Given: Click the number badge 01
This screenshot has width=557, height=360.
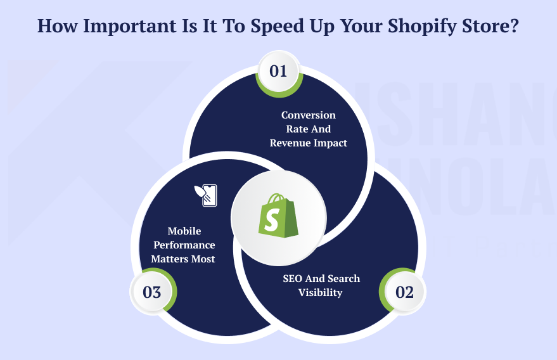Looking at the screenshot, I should point(278,71).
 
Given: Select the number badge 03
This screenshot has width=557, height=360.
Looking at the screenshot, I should point(152,293).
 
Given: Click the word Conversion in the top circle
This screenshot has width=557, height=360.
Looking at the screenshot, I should point(309,115).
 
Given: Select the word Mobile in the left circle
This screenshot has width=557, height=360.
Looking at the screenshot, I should point(184,231).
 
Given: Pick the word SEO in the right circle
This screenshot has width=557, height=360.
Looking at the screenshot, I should point(293,279).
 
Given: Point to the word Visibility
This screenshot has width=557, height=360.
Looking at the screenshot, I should point(320,293).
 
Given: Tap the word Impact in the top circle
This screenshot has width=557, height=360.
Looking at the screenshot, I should point(331,143).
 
